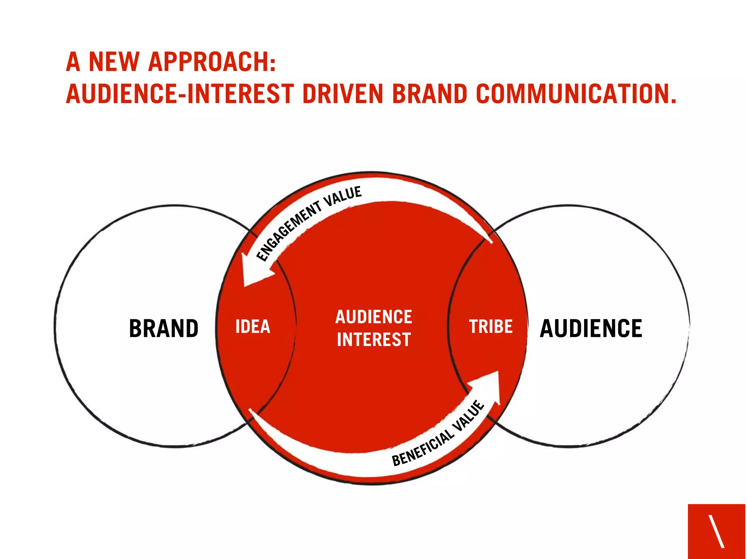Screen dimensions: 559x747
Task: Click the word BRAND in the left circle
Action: pyautogui.click(x=164, y=328)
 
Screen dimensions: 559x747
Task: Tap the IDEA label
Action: pyautogui.click(x=253, y=326)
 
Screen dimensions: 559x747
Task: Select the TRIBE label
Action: pyautogui.click(x=491, y=326)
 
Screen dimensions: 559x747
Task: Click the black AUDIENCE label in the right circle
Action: pyautogui.click(x=591, y=328)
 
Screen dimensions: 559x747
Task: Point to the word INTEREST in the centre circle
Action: pyautogui.click(x=374, y=339)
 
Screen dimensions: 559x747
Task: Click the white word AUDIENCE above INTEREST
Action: pyautogui.click(x=374, y=317)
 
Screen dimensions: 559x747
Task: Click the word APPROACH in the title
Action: pyautogui.click(x=212, y=62)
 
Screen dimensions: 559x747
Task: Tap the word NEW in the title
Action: pyautogui.click(x=114, y=62)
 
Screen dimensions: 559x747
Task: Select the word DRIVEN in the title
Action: pyautogui.click(x=343, y=94)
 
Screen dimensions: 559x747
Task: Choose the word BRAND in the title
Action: pyautogui.click(x=430, y=94)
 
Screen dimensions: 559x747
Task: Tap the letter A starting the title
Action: pyautogui.click(x=73, y=62)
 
